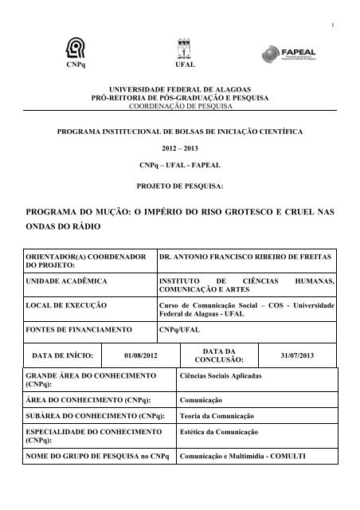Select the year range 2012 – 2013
click(179, 147)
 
